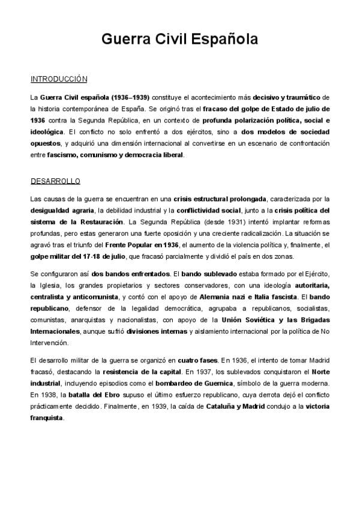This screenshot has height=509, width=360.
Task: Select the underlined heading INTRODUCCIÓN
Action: click(59, 79)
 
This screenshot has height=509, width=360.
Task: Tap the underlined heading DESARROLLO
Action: click(55, 181)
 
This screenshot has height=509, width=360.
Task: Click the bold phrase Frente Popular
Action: click(143, 245)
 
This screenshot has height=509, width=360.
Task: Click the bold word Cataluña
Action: click(206, 406)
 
